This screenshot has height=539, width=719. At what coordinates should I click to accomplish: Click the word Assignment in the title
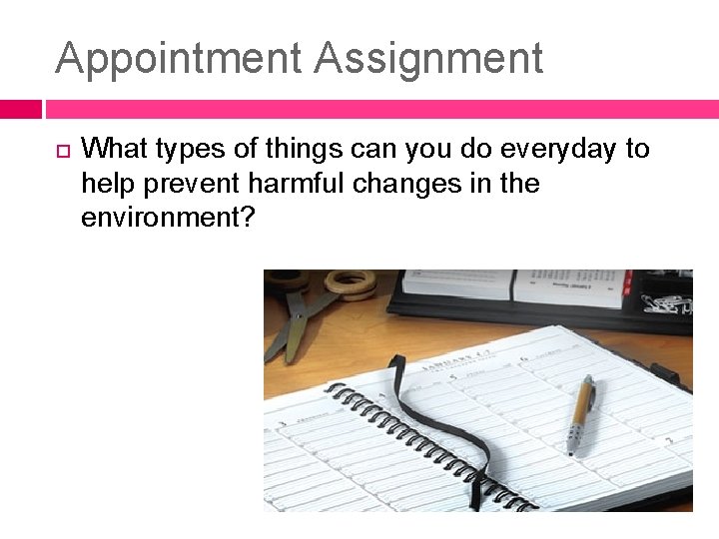click(x=429, y=59)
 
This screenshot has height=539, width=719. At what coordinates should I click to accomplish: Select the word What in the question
click(x=111, y=150)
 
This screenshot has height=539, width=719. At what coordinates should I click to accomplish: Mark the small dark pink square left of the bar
click(x=20, y=109)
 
